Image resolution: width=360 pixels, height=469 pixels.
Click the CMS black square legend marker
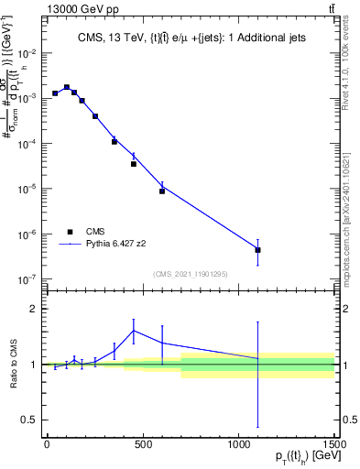tap(69, 232)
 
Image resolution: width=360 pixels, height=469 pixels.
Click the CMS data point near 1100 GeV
tap(258, 250)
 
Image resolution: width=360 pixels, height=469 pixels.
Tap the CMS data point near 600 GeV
tap(162, 191)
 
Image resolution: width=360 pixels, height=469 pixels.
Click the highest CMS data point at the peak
tap(66, 88)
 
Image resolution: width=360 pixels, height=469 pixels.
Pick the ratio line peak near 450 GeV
tap(134, 331)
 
